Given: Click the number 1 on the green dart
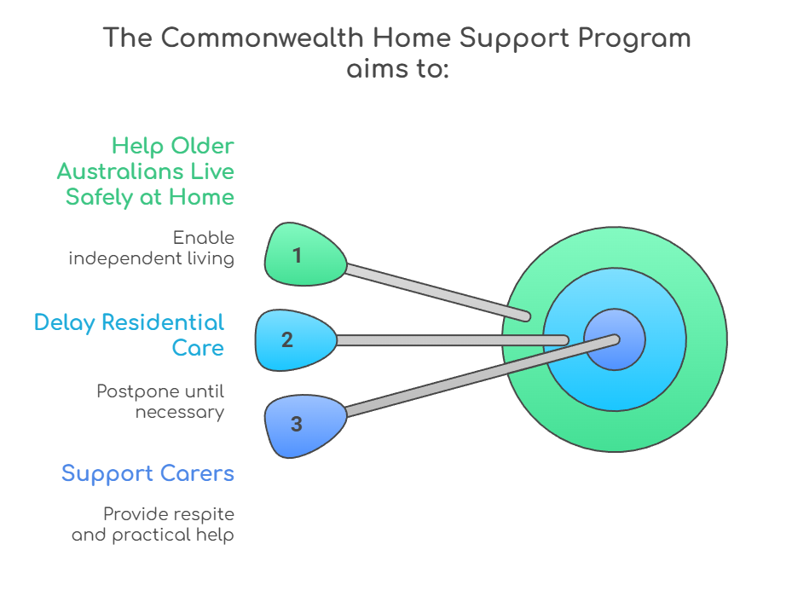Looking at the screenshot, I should coord(297,255).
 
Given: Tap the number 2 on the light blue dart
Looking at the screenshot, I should coord(286,340).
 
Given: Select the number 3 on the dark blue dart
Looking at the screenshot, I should coord(296,424).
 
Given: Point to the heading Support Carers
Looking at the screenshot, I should coord(147,473).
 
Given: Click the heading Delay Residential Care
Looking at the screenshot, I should coord(130,335).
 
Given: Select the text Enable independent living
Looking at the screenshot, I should coord(152,248).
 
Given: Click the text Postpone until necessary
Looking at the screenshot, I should coord(160,402).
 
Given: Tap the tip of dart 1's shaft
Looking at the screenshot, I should coord(526,316).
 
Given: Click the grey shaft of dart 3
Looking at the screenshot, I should coord(477,377).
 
